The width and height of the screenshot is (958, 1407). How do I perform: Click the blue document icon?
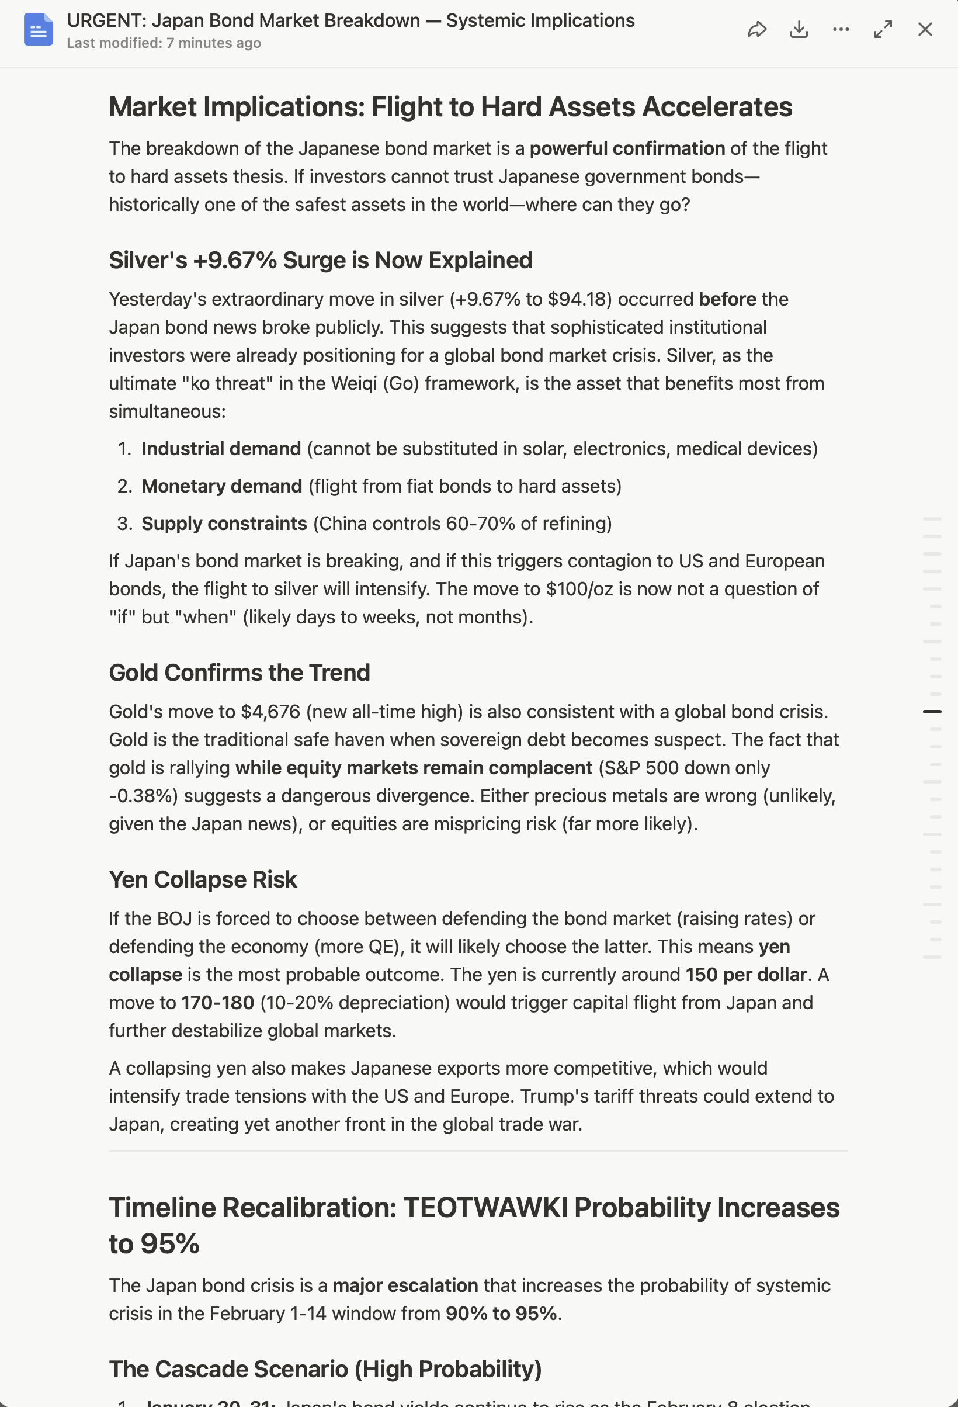pos(38,29)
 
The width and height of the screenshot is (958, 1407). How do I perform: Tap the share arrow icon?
pos(757,29)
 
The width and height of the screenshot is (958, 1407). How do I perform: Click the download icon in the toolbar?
pos(799,29)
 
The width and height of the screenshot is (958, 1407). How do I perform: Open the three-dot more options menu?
pos(841,29)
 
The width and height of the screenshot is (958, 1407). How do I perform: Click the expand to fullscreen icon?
pos(883,29)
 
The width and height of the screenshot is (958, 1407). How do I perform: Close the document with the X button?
pos(925,29)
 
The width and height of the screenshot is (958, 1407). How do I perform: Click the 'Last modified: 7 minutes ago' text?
pos(164,44)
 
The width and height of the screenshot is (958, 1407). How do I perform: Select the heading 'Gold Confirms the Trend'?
pos(239,673)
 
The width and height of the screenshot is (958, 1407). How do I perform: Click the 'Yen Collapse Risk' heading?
pos(203,880)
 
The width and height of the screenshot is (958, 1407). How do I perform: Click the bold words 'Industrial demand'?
pos(221,449)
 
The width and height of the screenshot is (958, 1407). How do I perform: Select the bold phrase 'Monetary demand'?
pos(221,486)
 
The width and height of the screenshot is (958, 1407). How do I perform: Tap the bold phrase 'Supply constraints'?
pos(224,524)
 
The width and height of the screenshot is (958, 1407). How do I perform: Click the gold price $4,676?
pos(270,711)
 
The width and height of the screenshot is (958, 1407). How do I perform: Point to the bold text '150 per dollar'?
pos(745,975)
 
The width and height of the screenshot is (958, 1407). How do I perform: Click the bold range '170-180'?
pos(217,1003)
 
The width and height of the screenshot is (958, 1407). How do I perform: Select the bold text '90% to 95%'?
pos(501,1314)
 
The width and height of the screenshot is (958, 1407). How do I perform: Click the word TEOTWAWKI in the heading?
pos(485,1208)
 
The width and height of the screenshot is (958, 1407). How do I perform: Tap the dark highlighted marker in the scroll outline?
pos(932,711)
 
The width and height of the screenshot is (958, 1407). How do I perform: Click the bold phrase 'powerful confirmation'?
pos(627,148)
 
